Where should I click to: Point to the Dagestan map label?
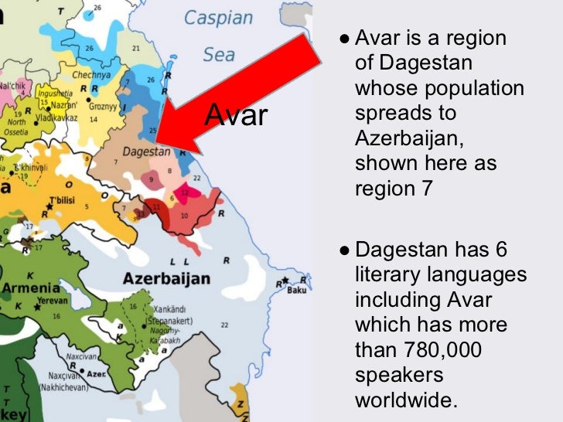[146, 153]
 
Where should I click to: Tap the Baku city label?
[296, 290]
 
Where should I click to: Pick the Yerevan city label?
[52, 300]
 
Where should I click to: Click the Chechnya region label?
[91, 75]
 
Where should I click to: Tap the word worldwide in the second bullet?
[406, 400]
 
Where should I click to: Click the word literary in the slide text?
[395, 274]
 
